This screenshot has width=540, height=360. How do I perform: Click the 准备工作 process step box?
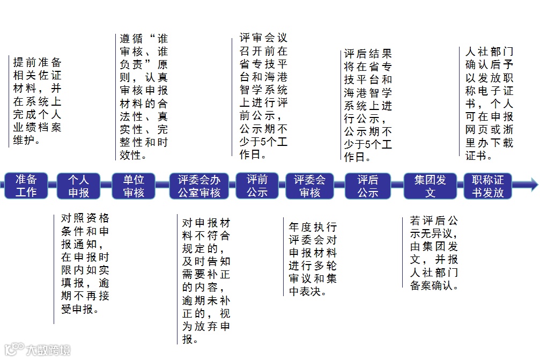[x=26, y=186]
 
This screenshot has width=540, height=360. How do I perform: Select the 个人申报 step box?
[x=78, y=186]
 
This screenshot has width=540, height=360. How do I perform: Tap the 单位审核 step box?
[x=134, y=186]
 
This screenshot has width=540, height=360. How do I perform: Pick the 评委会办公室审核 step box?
[x=199, y=186]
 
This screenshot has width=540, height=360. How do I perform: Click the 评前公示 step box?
[x=257, y=186]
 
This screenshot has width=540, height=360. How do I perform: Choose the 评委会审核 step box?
[x=309, y=186]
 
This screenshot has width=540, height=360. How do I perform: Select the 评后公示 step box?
[x=368, y=186]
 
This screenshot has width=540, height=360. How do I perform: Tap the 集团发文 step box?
[x=430, y=186]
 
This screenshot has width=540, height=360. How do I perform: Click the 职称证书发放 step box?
[x=488, y=186]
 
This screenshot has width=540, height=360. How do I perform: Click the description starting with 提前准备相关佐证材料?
[x=38, y=101]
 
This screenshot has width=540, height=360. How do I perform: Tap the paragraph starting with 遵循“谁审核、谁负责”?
[x=144, y=97]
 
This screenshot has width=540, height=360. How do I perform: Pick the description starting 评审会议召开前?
[x=263, y=96]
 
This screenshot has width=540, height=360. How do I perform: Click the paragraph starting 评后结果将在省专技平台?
[x=368, y=105]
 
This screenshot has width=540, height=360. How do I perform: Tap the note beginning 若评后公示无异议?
[x=434, y=253]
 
